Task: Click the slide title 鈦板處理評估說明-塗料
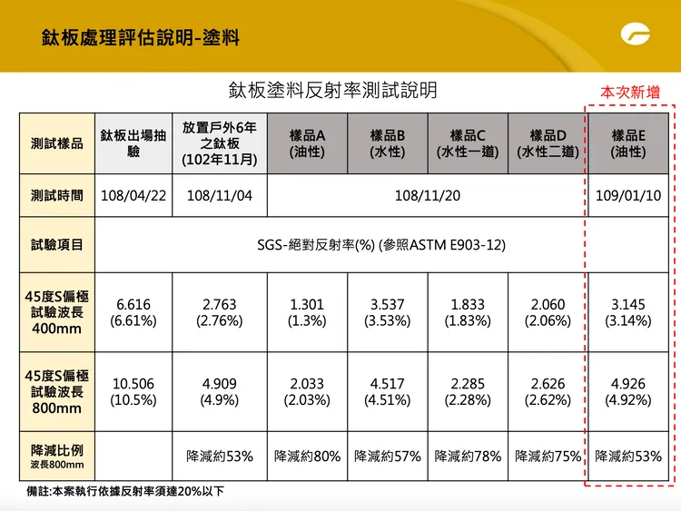(x=141, y=38)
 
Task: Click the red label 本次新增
(x=629, y=93)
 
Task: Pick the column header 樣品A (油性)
(x=307, y=143)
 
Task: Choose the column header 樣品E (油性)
(x=628, y=143)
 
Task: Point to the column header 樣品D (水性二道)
(x=548, y=143)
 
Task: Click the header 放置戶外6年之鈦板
(x=220, y=143)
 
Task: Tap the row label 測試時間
(x=57, y=196)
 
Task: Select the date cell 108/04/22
(x=133, y=196)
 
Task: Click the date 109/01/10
(x=628, y=196)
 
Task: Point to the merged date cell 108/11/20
(x=428, y=196)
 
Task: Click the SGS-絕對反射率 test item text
(x=381, y=245)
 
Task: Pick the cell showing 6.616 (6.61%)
(x=133, y=312)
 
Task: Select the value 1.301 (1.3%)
(x=307, y=312)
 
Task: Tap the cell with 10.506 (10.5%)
(x=133, y=392)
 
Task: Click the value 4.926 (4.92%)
(x=628, y=392)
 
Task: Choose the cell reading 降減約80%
(x=307, y=456)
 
